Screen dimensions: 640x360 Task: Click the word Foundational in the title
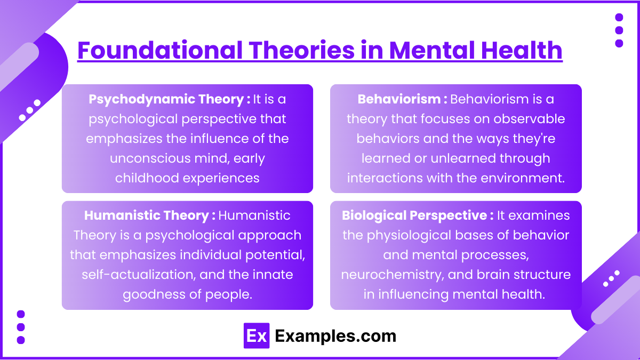(160, 50)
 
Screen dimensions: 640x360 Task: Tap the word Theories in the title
(302, 50)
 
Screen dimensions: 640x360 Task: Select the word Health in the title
(522, 50)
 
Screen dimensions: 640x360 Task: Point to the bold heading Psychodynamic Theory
(166, 99)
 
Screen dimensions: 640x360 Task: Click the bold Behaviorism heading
(399, 99)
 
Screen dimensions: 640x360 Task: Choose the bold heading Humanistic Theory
(146, 215)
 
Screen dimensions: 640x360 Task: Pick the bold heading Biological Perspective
(414, 215)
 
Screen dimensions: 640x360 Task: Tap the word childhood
(147, 178)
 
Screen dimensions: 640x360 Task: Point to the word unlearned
(463, 158)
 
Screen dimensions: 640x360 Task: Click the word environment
(523, 178)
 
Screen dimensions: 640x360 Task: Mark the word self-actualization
(139, 275)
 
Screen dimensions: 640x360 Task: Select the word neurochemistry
(393, 275)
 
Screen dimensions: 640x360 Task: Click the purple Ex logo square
(257, 335)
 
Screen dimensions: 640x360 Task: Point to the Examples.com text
(335, 336)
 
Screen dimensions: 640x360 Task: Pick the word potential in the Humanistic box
(275, 255)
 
